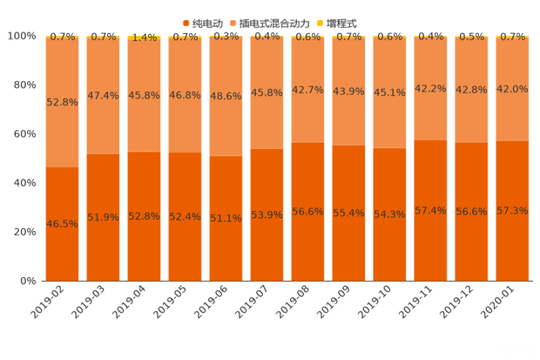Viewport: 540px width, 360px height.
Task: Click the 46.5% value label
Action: (x=63, y=224)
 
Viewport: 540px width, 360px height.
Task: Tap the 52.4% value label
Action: (x=186, y=217)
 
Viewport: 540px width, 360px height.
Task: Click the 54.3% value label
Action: (x=390, y=214)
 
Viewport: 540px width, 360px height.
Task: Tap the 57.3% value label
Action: (x=513, y=211)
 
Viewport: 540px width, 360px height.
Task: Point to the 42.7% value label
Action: (x=308, y=90)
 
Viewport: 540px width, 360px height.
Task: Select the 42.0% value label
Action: (x=513, y=89)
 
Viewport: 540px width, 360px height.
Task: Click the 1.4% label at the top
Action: (x=145, y=37)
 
